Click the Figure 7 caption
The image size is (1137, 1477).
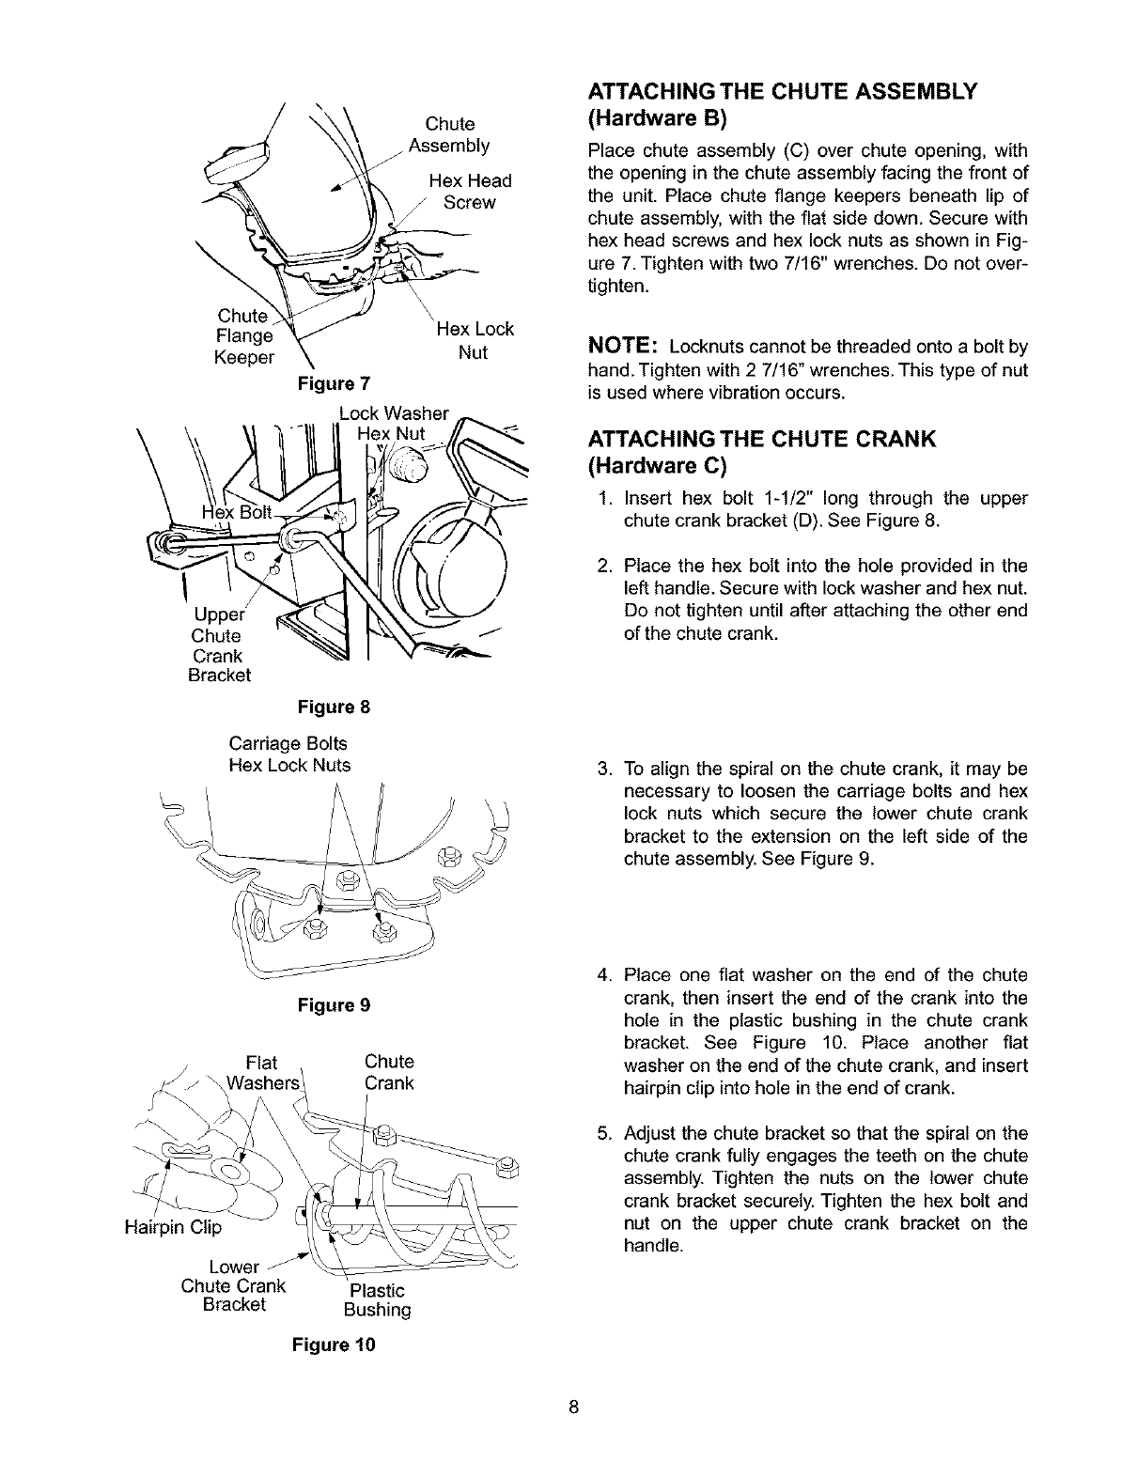coord(334,383)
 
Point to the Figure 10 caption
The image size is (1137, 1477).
coord(334,1345)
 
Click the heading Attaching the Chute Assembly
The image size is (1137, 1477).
coord(783,91)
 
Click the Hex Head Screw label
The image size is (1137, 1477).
coord(469,192)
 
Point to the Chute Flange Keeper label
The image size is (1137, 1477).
coord(244,336)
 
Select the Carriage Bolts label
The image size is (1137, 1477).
coord(288,743)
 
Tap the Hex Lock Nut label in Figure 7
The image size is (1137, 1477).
coord(475,341)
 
